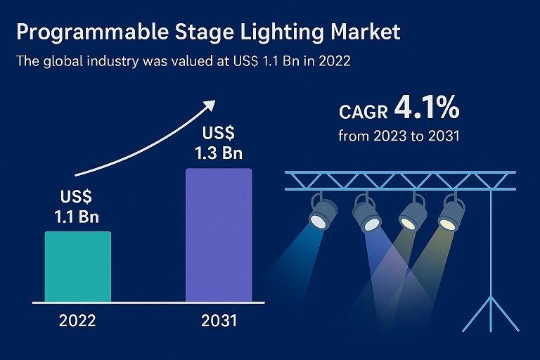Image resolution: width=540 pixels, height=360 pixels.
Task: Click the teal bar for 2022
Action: (x=77, y=266)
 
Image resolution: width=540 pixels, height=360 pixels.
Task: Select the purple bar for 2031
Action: (x=218, y=235)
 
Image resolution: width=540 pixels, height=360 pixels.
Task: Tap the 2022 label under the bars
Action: (x=77, y=321)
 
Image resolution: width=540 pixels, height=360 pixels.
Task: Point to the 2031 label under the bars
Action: (x=219, y=321)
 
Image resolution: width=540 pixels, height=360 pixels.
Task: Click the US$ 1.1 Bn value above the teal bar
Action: (x=77, y=207)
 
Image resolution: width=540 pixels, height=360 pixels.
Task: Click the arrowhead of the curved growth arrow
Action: (x=208, y=105)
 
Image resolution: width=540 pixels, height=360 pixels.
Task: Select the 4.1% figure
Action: (x=427, y=108)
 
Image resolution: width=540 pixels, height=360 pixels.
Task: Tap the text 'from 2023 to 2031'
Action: (x=399, y=136)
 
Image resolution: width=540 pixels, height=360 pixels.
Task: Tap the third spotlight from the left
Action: (x=410, y=214)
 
